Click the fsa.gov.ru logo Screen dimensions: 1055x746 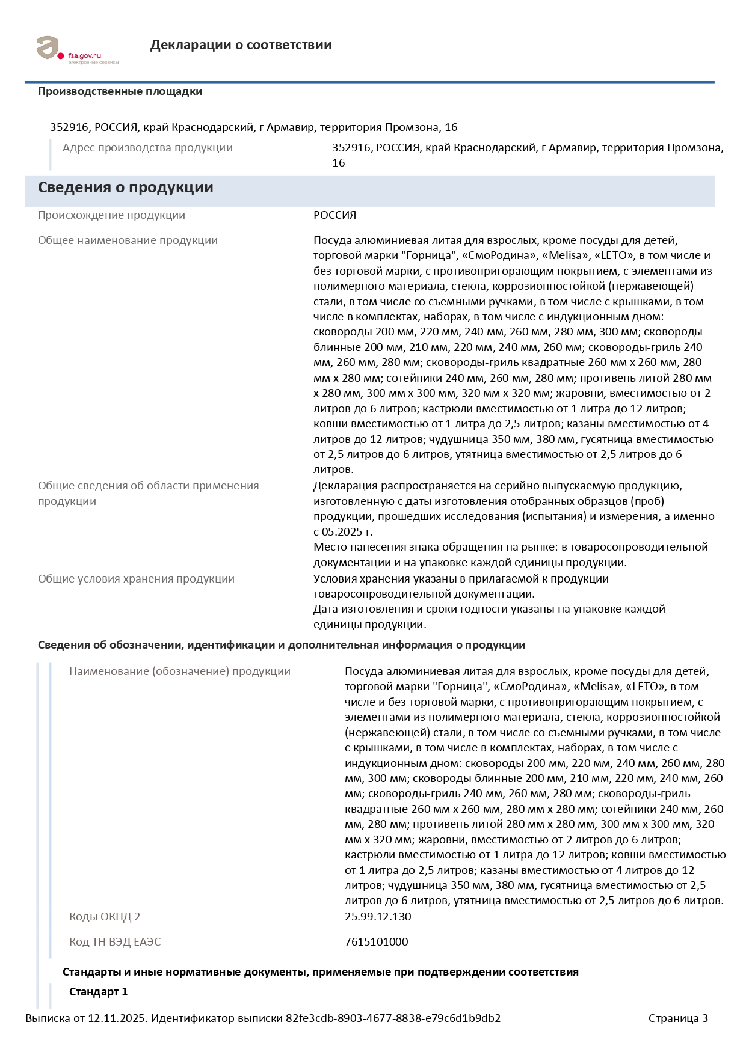(77, 49)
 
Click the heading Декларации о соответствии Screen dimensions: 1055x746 (241, 45)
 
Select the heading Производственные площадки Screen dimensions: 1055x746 (120, 91)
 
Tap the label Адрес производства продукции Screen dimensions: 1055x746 (147, 148)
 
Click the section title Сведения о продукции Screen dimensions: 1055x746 (125, 188)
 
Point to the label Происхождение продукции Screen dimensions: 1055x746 (111, 215)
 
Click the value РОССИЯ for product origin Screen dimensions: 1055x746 (334, 215)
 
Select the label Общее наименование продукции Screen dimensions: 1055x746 (128, 240)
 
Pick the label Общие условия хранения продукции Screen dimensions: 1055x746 (136, 579)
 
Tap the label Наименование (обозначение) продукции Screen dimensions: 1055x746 (179, 671)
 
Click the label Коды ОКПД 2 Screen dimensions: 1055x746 (104, 917)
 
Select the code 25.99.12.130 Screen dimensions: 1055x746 (378, 917)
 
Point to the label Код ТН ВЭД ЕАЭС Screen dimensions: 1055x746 (115, 942)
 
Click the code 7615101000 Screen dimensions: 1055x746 (376, 942)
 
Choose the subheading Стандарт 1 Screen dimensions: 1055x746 (98, 992)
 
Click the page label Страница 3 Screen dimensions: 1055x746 (677, 1018)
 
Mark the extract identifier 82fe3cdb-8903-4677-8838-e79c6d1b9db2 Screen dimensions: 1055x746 (393, 1018)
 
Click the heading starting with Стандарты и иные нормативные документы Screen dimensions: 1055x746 (320, 972)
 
